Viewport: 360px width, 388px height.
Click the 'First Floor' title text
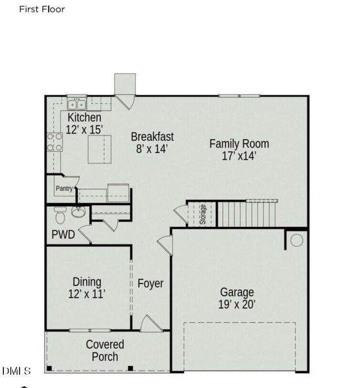coord(41,10)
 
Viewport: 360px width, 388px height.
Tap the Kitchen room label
coord(84,118)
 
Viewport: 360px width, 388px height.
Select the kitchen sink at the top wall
coord(77,103)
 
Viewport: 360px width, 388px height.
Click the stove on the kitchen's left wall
coord(54,142)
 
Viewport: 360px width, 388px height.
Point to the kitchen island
coord(100,150)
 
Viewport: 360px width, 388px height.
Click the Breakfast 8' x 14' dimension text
coord(152,149)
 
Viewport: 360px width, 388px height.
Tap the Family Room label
coord(239,144)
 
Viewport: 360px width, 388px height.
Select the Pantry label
coord(63,189)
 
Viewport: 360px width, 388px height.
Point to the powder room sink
coord(78,212)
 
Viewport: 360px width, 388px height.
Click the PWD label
coord(63,235)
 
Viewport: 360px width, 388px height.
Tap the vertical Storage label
coord(203,213)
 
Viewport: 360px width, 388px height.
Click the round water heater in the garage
coord(296,240)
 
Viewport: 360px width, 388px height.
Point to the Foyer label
coord(150,283)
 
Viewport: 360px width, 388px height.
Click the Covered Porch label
coord(105,350)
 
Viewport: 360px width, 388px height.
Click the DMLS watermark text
coord(17,371)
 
